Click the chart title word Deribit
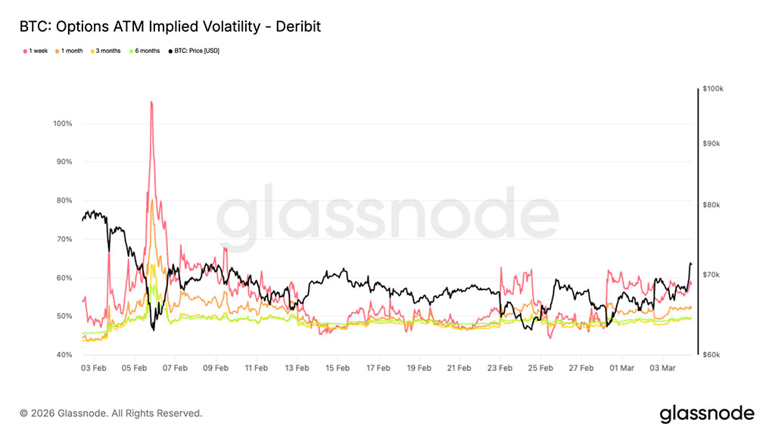(x=297, y=27)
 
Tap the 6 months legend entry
(x=146, y=51)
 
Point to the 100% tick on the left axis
(x=62, y=123)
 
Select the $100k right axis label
(x=713, y=89)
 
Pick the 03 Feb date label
(x=94, y=369)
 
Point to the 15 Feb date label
(x=338, y=369)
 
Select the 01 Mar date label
(x=622, y=369)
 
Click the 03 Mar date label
(x=663, y=369)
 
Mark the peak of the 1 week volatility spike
(x=151, y=101)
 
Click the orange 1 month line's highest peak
(x=152, y=200)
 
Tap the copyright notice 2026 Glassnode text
(x=111, y=413)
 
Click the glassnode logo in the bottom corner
(x=707, y=413)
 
